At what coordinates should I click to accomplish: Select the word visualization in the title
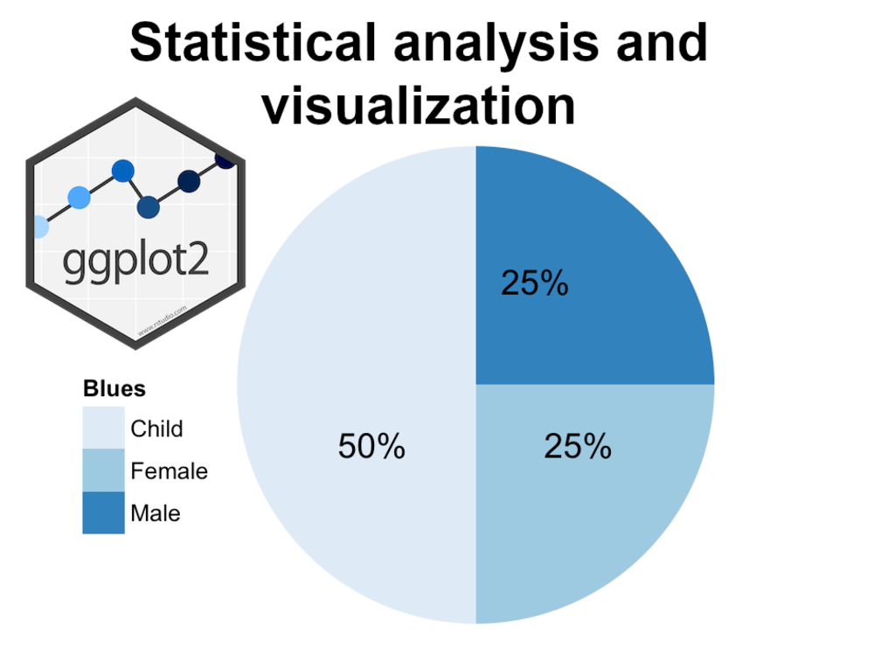click(419, 106)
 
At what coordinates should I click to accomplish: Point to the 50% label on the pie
click(371, 447)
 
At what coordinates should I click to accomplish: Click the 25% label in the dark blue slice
click(535, 283)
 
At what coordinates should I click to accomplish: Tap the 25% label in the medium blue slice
click(578, 447)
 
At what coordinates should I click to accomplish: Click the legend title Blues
click(114, 388)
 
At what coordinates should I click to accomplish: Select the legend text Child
click(156, 429)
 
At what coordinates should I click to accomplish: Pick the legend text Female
click(169, 471)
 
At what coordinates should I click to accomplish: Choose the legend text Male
click(156, 513)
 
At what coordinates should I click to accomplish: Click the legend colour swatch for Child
click(103, 428)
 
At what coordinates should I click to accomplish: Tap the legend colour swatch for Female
click(103, 471)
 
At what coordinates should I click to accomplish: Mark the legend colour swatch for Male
click(103, 513)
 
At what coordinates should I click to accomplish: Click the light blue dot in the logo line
click(79, 198)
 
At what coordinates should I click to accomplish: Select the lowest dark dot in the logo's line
click(148, 207)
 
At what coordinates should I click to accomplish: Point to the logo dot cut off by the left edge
click(38, 227)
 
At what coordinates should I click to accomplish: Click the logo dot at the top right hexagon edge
click(225, 160)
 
